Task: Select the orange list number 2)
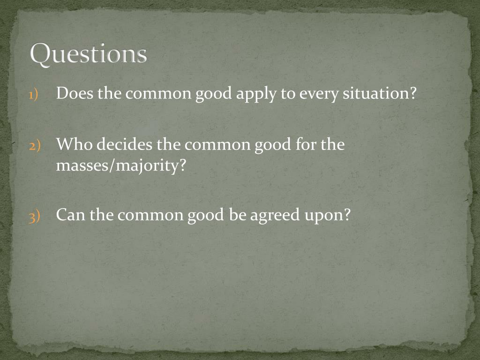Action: coord(34,145)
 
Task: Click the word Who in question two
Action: coord(73,144)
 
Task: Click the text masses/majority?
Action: coord(118,166)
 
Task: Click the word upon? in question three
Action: coord(333,216)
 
